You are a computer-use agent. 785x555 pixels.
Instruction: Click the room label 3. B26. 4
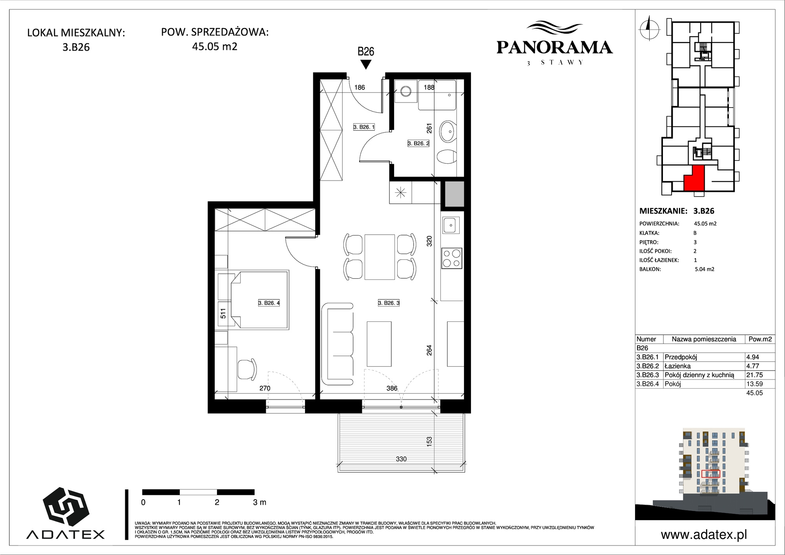pyautogui.click(x=269, y=303)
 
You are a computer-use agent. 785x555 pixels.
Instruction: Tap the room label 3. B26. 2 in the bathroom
pyautogui.click(x=418, y=144)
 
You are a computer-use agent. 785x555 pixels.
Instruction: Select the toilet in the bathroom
pyautogui.click(x=446, y=157)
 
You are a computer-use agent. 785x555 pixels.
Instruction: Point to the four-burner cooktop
pyautogui.click(x=452, y=258)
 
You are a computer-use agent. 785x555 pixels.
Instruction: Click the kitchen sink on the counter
pyautogui.click(x=452, y=225)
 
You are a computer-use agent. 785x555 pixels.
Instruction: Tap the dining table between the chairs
pyautogui.click(x=380, y=257)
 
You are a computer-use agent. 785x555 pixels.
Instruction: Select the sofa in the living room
pyautogui.click(x=338, y=344)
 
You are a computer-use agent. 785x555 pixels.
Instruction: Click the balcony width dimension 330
pyautogui.click(x=401, y=459)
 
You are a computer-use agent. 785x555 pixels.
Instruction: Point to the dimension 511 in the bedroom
pyautogui.click(x=223, y=314)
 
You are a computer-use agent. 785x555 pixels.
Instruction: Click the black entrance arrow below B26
pyautogui.click(x=366, y=65)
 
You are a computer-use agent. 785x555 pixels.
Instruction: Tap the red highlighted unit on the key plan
pyautogui.click(x=694, y=179)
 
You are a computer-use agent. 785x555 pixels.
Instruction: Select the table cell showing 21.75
pyautogui.click(x=754, y=375)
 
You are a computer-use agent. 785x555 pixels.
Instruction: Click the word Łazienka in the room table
pyautogui.click(x=677, y=366)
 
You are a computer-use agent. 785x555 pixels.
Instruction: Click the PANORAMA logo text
pyautogui.click(x=554, y=47)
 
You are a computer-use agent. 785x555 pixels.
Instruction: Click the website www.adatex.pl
pyautogui.click(x=704, y=535)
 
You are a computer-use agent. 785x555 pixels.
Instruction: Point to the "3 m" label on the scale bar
pyautogui.click(x=259, y=502)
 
